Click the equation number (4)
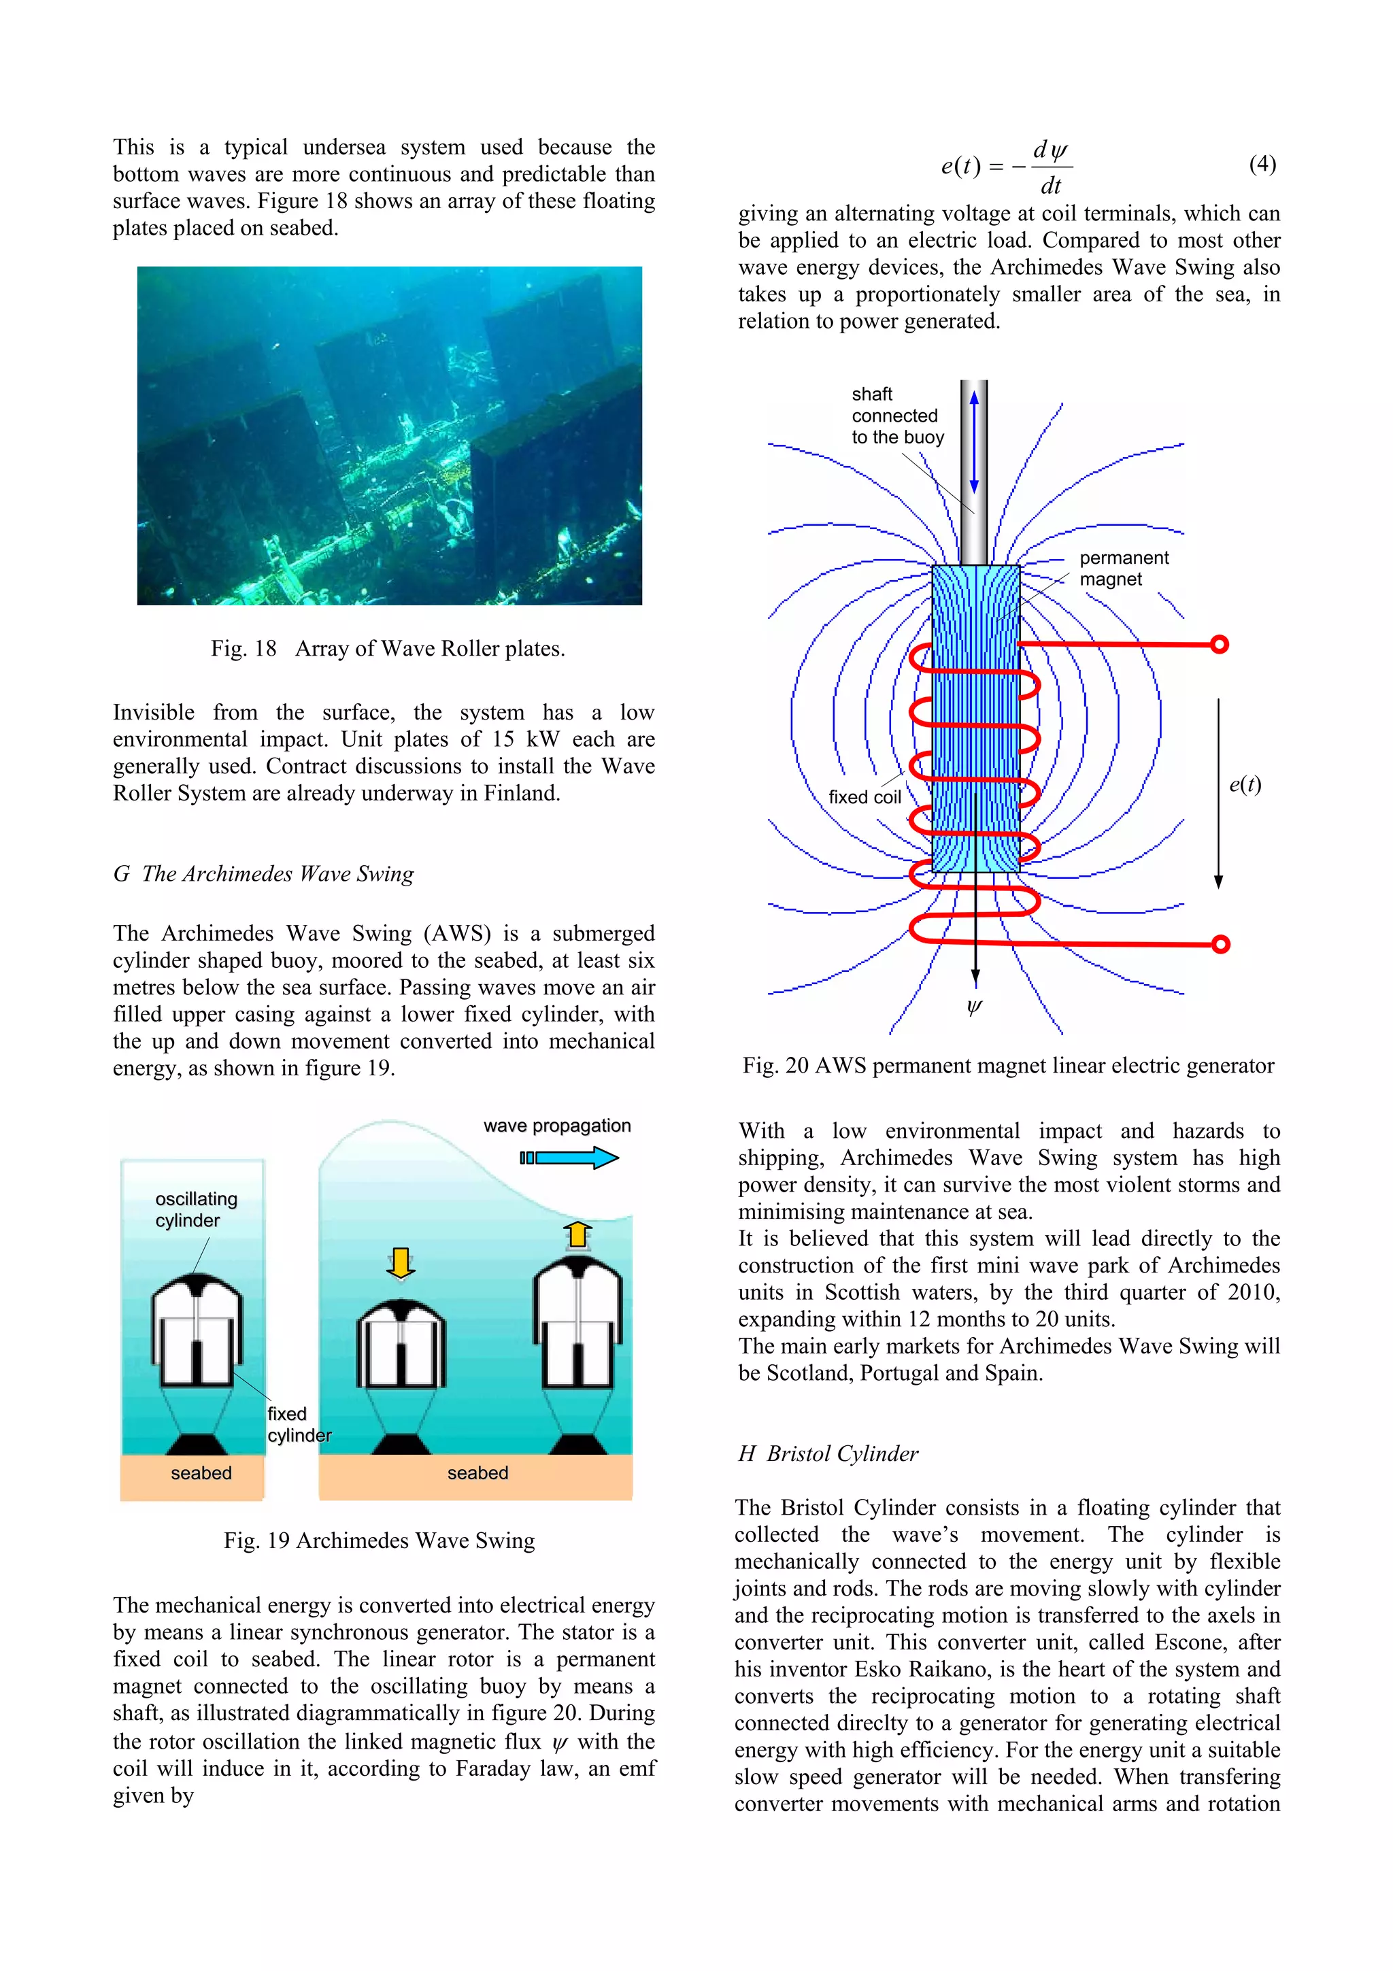click(x=1262, y=164)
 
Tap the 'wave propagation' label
click(x=556, y=1126)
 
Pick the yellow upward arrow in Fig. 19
click(x=577, y=1234)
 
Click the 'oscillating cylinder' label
click(x=196, y=1209)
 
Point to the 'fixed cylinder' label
click(x=298, y=1424)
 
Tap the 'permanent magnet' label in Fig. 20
click(x=1123, y=569)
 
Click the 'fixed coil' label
click(x=865, y=796)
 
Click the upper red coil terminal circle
click(x=1219, y=644)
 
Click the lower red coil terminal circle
click(x=1220, y=944)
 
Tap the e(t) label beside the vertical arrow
click(x=1245, y=784)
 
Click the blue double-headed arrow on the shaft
click(x=974, y=442)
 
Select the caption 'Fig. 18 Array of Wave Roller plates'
click(x=388, y=648)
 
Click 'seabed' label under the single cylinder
click(x=201, y=1473)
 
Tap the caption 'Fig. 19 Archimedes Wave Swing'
click(x=380, y=1540)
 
